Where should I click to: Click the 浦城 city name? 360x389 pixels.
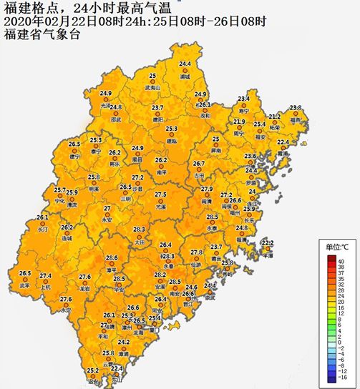(185, 76)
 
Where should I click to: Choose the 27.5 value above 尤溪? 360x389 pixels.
(161, 194)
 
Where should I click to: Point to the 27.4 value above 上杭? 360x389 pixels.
(45, 276)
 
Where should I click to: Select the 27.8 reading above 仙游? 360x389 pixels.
(198, 252)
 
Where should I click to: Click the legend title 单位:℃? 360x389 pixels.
(338, 247)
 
